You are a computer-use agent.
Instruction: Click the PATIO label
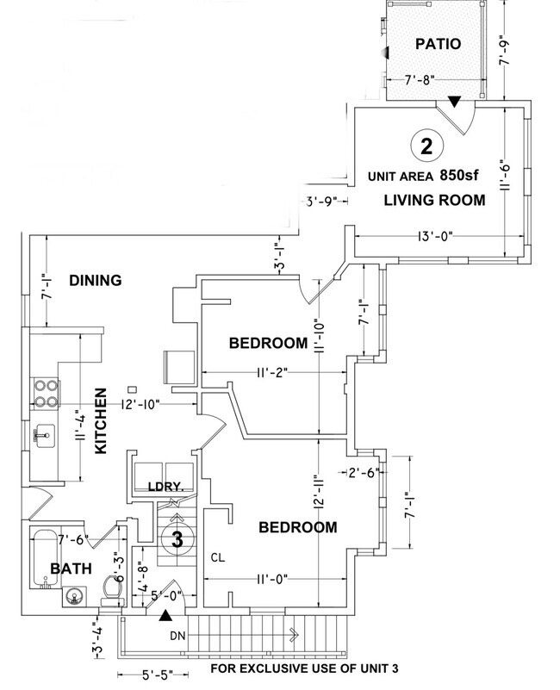click(x=439, y=44)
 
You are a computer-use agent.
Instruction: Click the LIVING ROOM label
click(x=434, y=200)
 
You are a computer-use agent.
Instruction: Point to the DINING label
click(x=95, y=280)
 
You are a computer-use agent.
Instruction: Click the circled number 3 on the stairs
click(x=176, y=541)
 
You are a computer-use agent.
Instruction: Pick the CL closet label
click(x=219, y=557)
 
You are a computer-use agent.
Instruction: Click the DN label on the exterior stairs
click(x=178, y=638)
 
